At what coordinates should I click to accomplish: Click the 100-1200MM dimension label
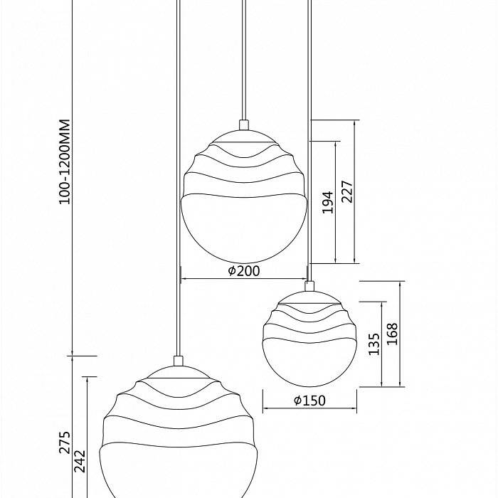65,161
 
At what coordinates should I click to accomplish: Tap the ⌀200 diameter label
244,271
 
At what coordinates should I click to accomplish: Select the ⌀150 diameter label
309,401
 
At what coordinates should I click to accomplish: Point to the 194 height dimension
328,202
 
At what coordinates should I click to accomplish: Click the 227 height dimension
347,191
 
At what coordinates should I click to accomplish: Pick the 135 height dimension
374,344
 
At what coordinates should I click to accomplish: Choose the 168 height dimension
392,334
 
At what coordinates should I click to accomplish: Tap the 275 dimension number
65,443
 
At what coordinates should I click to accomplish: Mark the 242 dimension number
80,461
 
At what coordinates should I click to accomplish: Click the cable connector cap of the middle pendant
244,124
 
